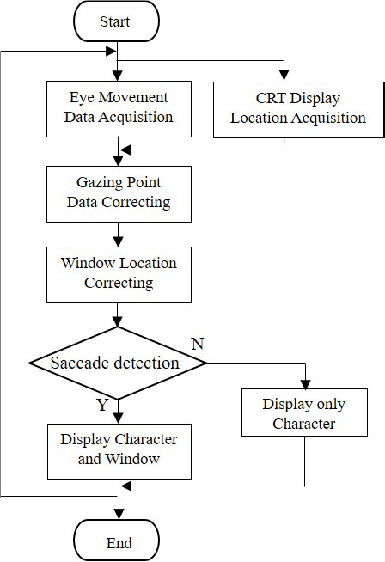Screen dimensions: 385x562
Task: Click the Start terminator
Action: coord(116,21)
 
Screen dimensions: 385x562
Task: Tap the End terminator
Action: coord(117,541)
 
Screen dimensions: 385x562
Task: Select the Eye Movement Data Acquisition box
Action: coord(119,109)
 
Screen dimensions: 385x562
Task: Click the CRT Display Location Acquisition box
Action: coord(298,110)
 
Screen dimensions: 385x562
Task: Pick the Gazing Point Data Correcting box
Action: coord(119,194)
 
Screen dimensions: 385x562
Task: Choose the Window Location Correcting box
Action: coord(119,275)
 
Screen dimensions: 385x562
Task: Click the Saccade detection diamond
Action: coord(118,363)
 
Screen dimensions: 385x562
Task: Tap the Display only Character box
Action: coord(304,412)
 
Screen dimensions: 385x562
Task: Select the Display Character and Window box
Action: coord(119,452)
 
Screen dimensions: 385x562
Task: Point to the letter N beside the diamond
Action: coord(198,344)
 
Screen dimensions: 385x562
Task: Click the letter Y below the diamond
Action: coord(102,405)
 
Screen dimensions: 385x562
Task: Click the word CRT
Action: coord(271,98)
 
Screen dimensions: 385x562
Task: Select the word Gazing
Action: coord(99,183)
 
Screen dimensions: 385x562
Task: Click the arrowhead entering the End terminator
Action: coord(119,514)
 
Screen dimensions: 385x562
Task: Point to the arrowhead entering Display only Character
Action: coord(305,384)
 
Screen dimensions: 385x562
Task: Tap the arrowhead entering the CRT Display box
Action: coord(284,76)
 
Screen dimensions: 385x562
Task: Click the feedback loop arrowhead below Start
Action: coord(111,51)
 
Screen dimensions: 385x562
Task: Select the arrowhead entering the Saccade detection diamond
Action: coord(118,321)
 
